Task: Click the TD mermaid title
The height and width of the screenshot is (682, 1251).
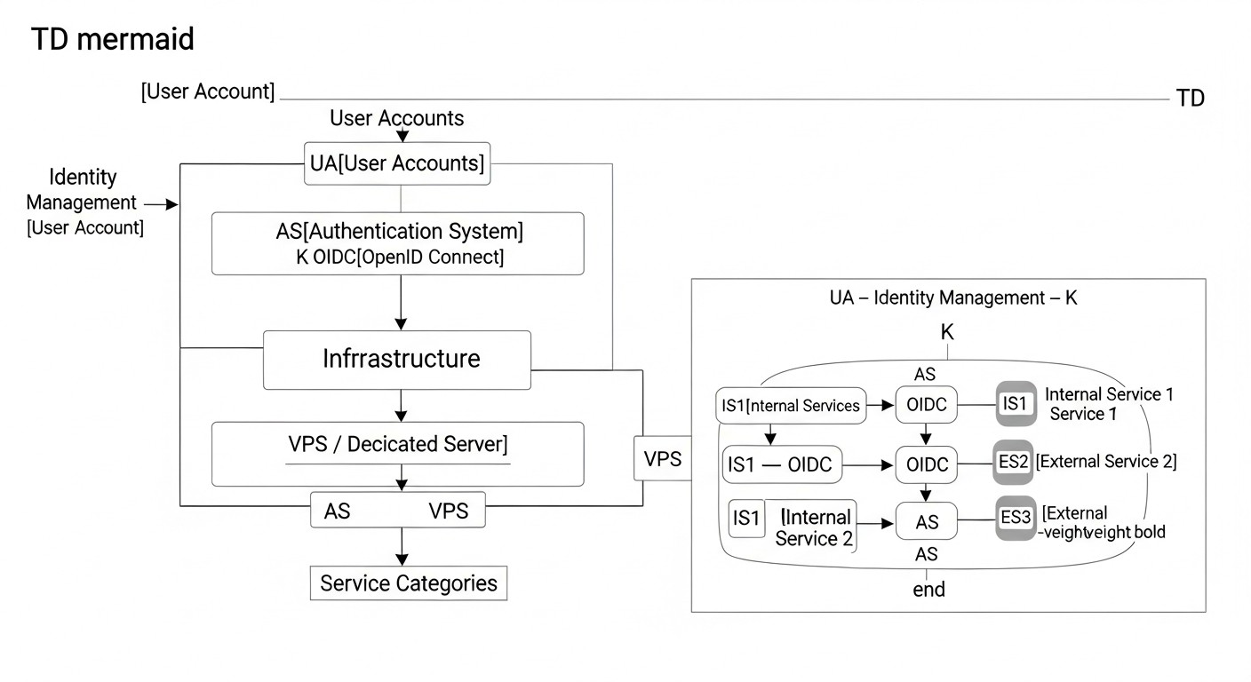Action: [112, 40]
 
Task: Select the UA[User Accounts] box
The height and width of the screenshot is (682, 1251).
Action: [396, 163]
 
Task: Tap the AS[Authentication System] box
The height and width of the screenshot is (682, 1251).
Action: [398, 243]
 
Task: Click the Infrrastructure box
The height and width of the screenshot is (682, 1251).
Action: [398, 360]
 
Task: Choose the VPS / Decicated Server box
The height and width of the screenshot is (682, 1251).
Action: [398, 453]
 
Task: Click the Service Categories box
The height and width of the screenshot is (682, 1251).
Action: [409, 583]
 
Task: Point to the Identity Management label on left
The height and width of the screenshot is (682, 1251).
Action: [82, 190]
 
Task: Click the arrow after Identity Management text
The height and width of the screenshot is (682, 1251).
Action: [161, 205]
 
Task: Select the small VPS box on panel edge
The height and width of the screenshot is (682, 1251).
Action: [662, 459]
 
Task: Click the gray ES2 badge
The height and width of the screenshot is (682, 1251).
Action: [1013, 463]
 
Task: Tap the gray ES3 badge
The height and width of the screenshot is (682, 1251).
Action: [1016, 518]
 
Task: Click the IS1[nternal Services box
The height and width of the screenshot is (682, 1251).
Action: [789, 406]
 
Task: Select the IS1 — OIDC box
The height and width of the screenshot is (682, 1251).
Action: [782, 464]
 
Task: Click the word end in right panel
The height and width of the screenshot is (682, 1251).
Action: [928, 590]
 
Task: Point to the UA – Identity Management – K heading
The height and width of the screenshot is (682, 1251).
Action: [952, 297]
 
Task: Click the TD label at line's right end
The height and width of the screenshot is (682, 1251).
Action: [1191, 99]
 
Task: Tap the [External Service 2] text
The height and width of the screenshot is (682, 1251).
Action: [1106, 462]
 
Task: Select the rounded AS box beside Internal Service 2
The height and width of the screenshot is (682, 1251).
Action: [927, 522]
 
